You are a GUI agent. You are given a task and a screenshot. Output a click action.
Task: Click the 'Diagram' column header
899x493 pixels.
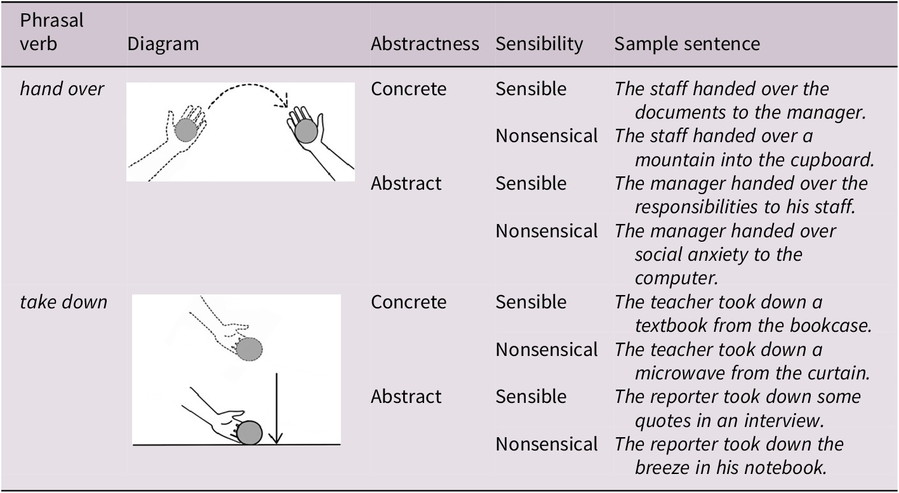163,44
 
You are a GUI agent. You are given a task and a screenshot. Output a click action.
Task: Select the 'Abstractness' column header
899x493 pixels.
425,44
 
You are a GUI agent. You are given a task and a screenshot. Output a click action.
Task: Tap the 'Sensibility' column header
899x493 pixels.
539,44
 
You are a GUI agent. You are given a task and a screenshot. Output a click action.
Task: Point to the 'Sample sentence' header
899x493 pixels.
687,44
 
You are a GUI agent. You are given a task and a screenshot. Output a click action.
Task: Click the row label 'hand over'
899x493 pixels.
62,89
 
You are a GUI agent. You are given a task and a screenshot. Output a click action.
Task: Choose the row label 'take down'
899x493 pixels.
64,302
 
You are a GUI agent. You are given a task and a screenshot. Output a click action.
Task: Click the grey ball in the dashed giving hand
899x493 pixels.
186,129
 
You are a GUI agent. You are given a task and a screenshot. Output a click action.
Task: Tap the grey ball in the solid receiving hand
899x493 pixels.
306,131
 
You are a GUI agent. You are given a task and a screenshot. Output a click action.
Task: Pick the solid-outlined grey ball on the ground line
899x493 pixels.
250,433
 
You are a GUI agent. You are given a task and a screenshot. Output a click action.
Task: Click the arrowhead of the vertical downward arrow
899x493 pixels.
277,438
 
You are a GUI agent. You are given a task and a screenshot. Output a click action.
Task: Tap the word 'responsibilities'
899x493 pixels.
696,207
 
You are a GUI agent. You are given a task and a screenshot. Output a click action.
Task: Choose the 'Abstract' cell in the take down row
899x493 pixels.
406,397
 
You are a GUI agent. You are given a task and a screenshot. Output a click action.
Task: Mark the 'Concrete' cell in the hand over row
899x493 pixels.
409,89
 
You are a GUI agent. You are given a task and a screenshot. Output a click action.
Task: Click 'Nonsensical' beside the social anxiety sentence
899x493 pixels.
547,231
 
